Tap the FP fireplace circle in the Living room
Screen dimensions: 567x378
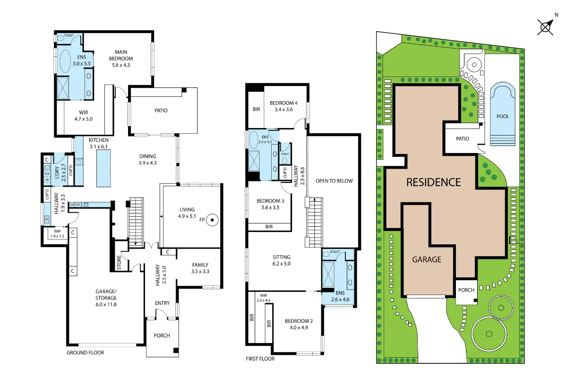coord(212,220)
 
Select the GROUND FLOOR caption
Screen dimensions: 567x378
coord(86,352)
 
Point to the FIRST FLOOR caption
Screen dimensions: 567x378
coord(260,359)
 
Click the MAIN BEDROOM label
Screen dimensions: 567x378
coord(121,55)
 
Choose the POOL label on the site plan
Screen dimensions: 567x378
coord(503,116)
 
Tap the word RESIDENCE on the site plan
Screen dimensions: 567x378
coord(433,182)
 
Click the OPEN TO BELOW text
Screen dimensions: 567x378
coord(334,181)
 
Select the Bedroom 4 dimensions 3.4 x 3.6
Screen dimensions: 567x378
coord(283,110)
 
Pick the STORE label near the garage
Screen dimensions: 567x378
coord(119,262)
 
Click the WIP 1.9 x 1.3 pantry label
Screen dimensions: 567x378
coord(58,234)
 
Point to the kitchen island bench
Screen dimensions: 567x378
coord(103,168)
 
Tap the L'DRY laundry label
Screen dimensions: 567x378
coord(57,172)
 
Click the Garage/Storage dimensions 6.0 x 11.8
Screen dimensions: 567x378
coord(106,304)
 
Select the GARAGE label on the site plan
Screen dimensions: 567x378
coord(427,259)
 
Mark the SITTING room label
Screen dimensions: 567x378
coord(282,257)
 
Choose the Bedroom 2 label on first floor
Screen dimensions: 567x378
coord(299,321)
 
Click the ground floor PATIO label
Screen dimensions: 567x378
coord(161,111)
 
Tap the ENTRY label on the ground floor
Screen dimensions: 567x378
coord(162,303)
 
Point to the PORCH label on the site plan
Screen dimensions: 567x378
coord(466,290)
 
